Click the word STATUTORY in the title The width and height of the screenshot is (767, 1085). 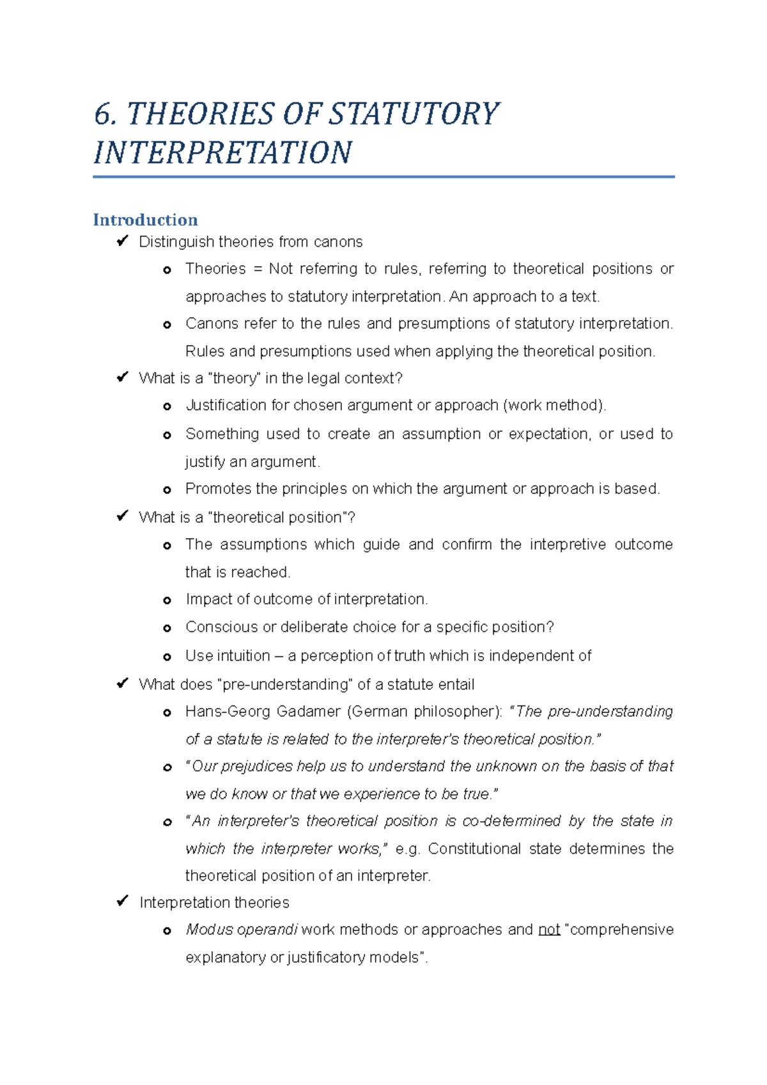coord(414,114)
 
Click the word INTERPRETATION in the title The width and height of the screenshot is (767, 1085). coord(222,153)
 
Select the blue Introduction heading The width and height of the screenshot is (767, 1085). coord(145,220)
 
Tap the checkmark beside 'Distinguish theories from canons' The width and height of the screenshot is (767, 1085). coord(122,242)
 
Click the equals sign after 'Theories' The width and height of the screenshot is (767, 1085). coord(258,269)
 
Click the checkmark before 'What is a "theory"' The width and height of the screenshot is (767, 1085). coord(122,378)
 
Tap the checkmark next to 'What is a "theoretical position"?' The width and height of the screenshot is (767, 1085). coord(122,516)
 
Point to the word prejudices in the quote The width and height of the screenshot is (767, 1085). coord(257,767)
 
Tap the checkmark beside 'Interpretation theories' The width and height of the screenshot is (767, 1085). coord(122,902)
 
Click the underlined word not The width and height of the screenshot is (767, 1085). coord(549,930)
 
